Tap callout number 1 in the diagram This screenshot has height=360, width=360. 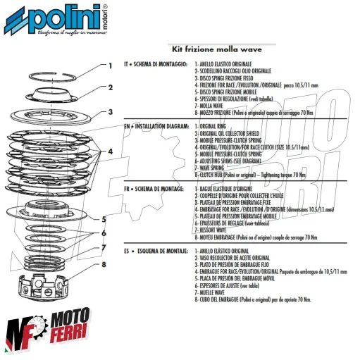click(x=109, y=66)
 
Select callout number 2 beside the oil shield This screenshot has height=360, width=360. click(x=110, y=88)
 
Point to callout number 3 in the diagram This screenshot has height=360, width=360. click(x=110, y=111)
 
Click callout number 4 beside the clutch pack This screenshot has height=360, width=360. click(x=110, y=151)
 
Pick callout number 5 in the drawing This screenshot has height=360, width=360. click(x=104, y=218)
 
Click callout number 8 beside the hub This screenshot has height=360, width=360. click(x=104, y=266)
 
